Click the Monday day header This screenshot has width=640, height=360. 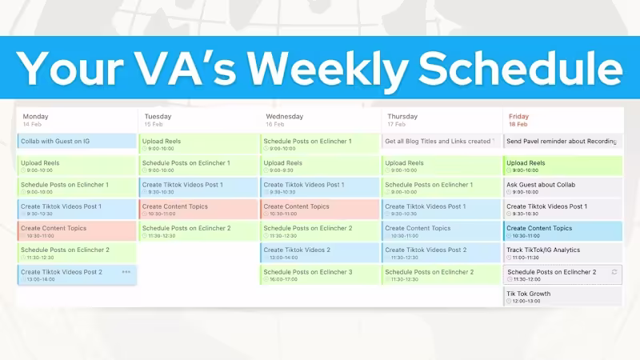[36, 117]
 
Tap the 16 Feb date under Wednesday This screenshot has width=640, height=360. [274, 125]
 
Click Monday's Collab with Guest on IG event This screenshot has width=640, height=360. [77, 142]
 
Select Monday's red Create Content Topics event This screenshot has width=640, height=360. [77, 231]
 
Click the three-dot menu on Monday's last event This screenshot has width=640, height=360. [126, 272]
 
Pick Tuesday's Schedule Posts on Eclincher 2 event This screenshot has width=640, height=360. [198, 231]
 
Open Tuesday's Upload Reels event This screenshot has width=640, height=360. [198, 144]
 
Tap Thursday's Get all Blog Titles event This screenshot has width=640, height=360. [440, 142]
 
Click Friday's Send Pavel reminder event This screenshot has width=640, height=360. [562, 142]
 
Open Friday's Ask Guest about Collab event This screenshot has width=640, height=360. [562, 187]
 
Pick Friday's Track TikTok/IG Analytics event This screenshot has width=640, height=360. [562, 253]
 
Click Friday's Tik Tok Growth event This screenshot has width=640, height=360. [562, 296]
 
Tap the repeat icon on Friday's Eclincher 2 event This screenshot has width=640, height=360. [614, 272]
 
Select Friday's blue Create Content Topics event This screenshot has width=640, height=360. [562, 231]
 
